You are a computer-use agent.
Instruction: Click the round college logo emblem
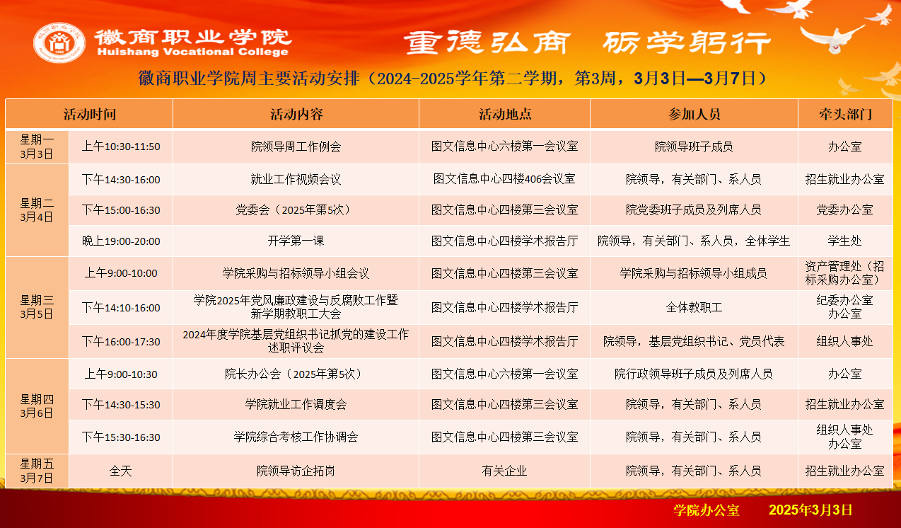coord(59,42)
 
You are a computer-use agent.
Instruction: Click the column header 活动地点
coord(505,114)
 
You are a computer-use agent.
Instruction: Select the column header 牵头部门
coord(846,114)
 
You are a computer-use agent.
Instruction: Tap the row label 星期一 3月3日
coord(37,147)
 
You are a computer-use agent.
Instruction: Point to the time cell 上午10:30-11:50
coord(121,147)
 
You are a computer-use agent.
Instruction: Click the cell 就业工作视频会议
coord(296,179)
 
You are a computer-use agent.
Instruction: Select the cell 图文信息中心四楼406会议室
coord(504,178)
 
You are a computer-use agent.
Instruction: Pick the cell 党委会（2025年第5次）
coord(296,210)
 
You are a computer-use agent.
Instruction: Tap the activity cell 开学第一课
coord(296,241)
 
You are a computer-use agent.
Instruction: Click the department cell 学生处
coord(844,241)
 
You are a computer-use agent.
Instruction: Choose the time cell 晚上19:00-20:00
coord(121,241)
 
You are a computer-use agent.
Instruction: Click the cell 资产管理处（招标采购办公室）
coord(844,273)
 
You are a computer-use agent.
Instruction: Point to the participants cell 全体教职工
coord(694,307)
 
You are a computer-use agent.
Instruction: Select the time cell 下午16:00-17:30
coord(121,342)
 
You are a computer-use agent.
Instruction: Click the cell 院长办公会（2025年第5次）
coord(296,374)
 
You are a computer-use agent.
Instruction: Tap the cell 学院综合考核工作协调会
coord(296,437)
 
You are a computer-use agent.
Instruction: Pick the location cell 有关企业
coord(504,471)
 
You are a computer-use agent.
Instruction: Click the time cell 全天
coord(121,471)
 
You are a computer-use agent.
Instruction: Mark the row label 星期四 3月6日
coord(37,406)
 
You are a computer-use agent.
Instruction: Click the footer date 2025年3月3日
coord(810,510)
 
